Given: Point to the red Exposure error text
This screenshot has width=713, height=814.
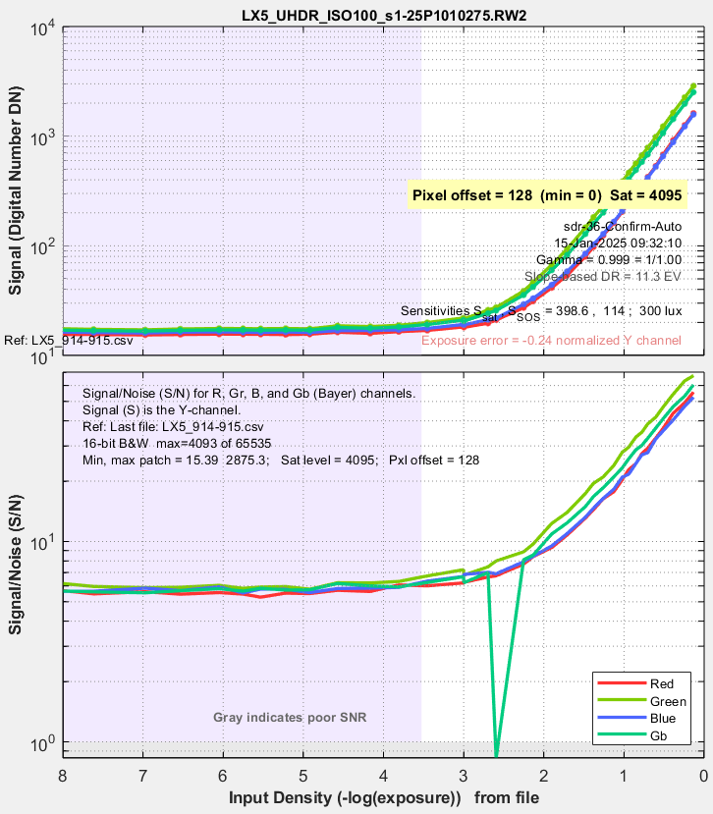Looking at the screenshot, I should click(x=564, y=341).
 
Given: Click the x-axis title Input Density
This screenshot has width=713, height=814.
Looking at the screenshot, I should click(x=383, y=796).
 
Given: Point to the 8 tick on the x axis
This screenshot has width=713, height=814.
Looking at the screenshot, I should click(x=63, y=776).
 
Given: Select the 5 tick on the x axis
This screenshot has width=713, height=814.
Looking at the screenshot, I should click(x=303, y=776).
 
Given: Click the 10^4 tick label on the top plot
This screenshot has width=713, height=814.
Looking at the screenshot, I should click(x=40, y=28).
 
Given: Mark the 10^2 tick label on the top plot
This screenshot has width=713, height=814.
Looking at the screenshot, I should click(x=40, y=247).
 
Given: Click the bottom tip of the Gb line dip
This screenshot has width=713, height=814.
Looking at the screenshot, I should click(x=497, y=755).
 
